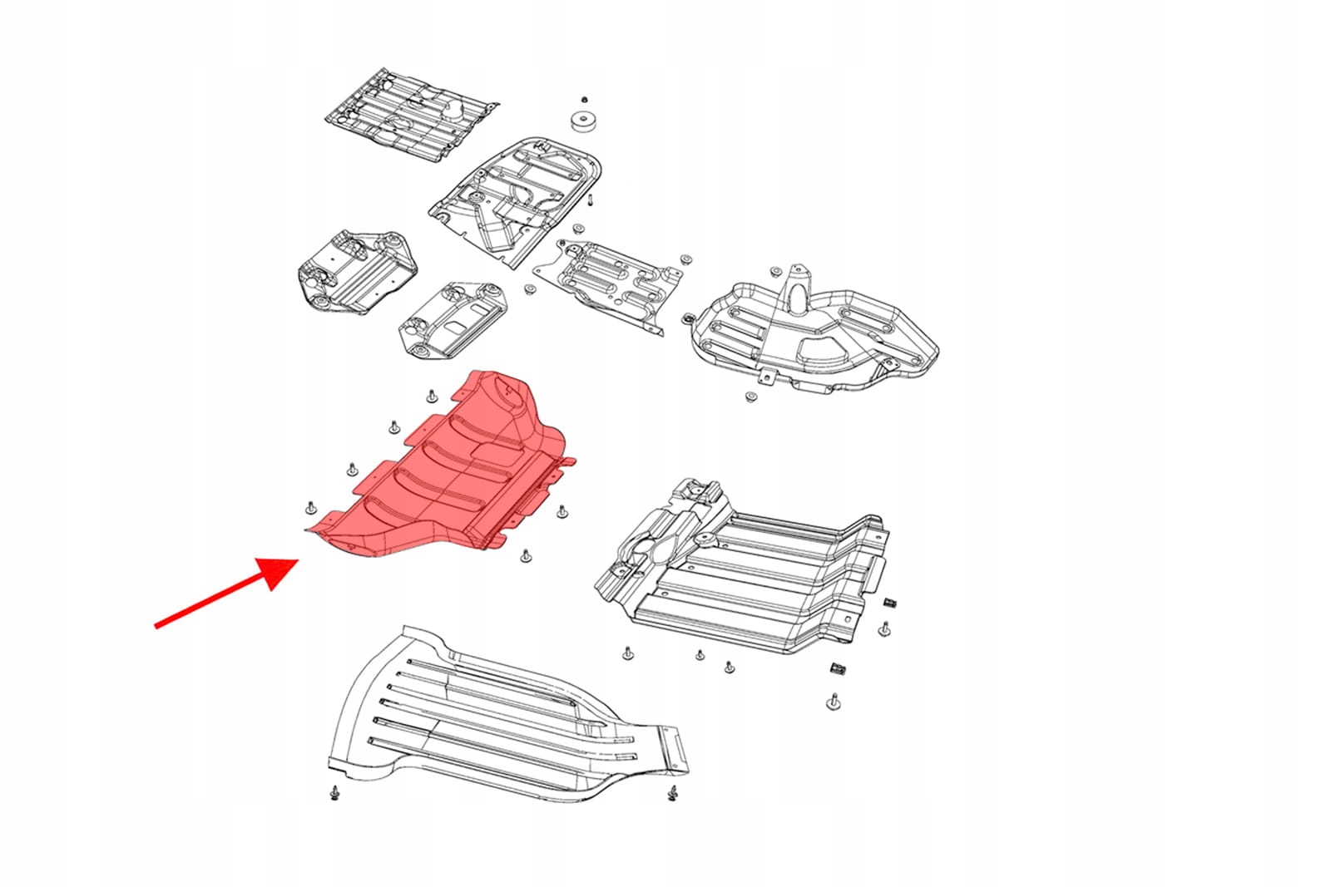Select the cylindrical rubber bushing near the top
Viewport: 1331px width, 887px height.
[x=585, y=121]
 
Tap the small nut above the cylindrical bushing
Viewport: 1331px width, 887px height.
[x=584, y=99]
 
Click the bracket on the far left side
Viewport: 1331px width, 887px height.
[x=354, y=270]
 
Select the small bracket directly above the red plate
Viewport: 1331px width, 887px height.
[x=453, y=320]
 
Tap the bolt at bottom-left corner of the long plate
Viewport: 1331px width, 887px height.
[x=334, y=793]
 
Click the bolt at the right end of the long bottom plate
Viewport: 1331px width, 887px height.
[x=672, y=795]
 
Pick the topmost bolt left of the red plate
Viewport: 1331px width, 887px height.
[x=431, y=395]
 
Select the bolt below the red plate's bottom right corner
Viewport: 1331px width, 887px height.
[x=524, y=555]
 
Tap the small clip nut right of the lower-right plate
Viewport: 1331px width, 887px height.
[x=890, y=602]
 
